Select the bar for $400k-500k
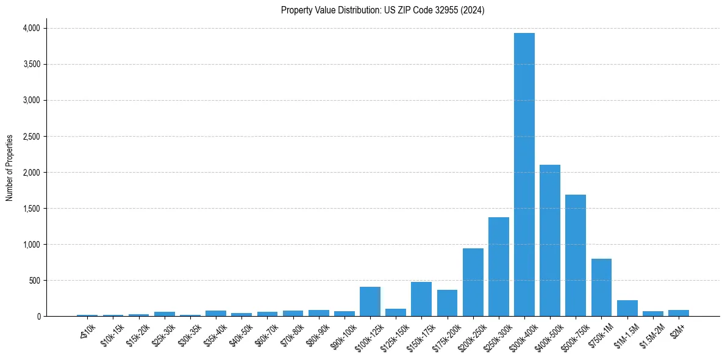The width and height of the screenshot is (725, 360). [x=549, y=240]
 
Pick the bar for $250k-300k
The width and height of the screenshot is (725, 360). [x=498, y=267]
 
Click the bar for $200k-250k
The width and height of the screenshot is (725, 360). [x=473, y=283]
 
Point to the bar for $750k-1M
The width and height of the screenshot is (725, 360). [x=601, y=287]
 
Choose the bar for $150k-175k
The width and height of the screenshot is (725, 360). [x=421, y=299]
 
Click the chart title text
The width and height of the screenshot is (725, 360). [x=382, y=10]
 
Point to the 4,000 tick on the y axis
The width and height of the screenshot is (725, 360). [x=30, y=28]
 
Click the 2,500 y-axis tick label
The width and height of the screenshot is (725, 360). [x=30, y=137]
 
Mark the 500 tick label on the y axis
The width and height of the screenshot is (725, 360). [x=34, y=281]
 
